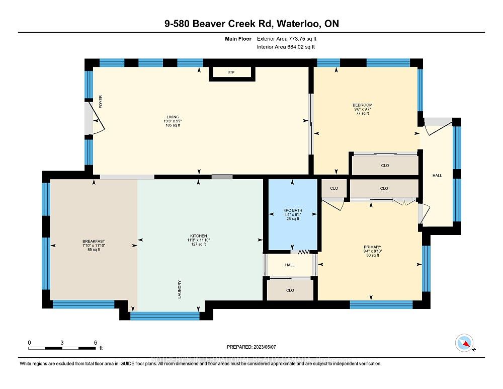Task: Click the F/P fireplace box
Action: click(232, 73)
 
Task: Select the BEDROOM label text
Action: click(362, 105)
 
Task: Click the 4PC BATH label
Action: click(292, 211)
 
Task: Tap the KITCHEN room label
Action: click(199, 236)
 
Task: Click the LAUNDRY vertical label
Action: click(179, 289)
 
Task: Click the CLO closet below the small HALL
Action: click(290, 290)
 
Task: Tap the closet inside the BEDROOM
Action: click(384, 166)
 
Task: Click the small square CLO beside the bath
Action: click(333, 188)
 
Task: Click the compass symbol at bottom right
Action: click(465, 343)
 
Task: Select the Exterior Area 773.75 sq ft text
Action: click(287, 38)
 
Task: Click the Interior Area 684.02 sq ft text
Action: click(286, 47)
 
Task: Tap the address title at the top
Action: click(251, 23)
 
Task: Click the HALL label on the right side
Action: click(437, 175)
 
